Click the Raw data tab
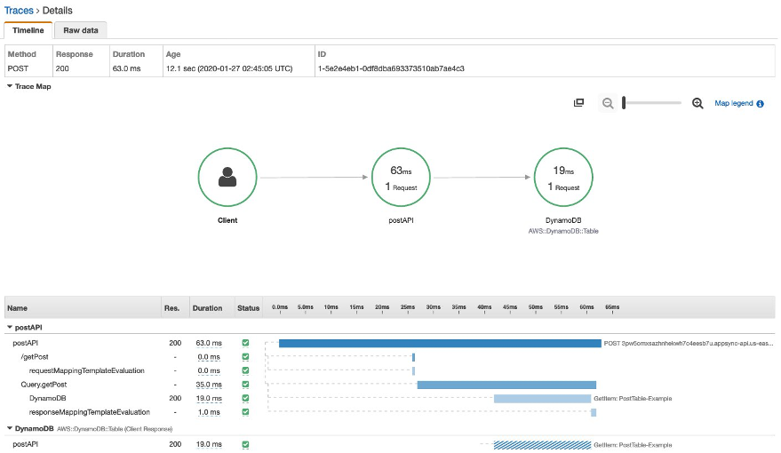tap(81, 30)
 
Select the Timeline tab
tap(28, 30)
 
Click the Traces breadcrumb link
tap(19, 10)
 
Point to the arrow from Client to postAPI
tap(314, 178)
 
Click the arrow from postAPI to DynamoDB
tap(482, 178)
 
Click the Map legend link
tap(734, 104)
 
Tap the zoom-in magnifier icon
tap(697, 104)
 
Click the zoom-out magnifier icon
tap(608, 104)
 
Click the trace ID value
tap(391, 68)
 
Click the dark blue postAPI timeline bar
tap(440, 343)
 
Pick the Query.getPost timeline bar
tap(506, 385)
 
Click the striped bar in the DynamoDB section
tap(542, 444)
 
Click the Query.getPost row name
tap(44, 385)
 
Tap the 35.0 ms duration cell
tap(208, 385)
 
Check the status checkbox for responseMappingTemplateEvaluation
tap(245, 412)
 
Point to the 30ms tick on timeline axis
tap(433, 307)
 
